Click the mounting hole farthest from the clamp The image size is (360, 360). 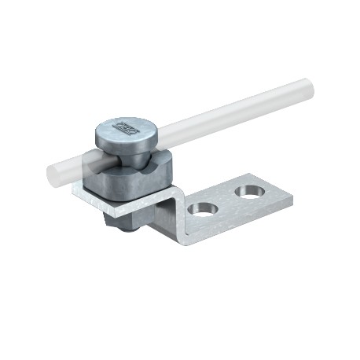[251, 191]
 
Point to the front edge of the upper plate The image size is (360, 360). [118, 210]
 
